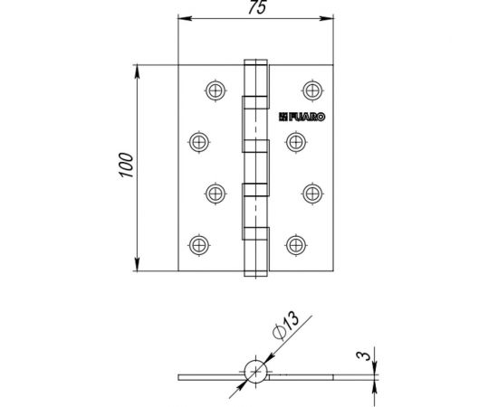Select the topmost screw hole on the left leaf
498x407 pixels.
pyautogui.click(x=214, y=90)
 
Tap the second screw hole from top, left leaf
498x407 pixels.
pyautogui.click(x=198, y=141)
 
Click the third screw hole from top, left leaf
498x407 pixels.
pyautogui.click(x=214, y=192)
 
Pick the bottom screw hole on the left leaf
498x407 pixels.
pyautogui.click(x=198, y=242)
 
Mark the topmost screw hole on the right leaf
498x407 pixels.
pyautogui.click(x=311, y=90)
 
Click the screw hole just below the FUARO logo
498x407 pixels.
pyautogui.click(x=295, y=141)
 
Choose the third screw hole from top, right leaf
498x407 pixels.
pyautogui.click(x=311, y=192)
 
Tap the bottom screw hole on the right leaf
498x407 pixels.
pyautogui.click(x=295, y=242)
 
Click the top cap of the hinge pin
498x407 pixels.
pyautogui.click(x=255, y=62)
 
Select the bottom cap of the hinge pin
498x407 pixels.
pyautogui.click(x=255, y=270)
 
